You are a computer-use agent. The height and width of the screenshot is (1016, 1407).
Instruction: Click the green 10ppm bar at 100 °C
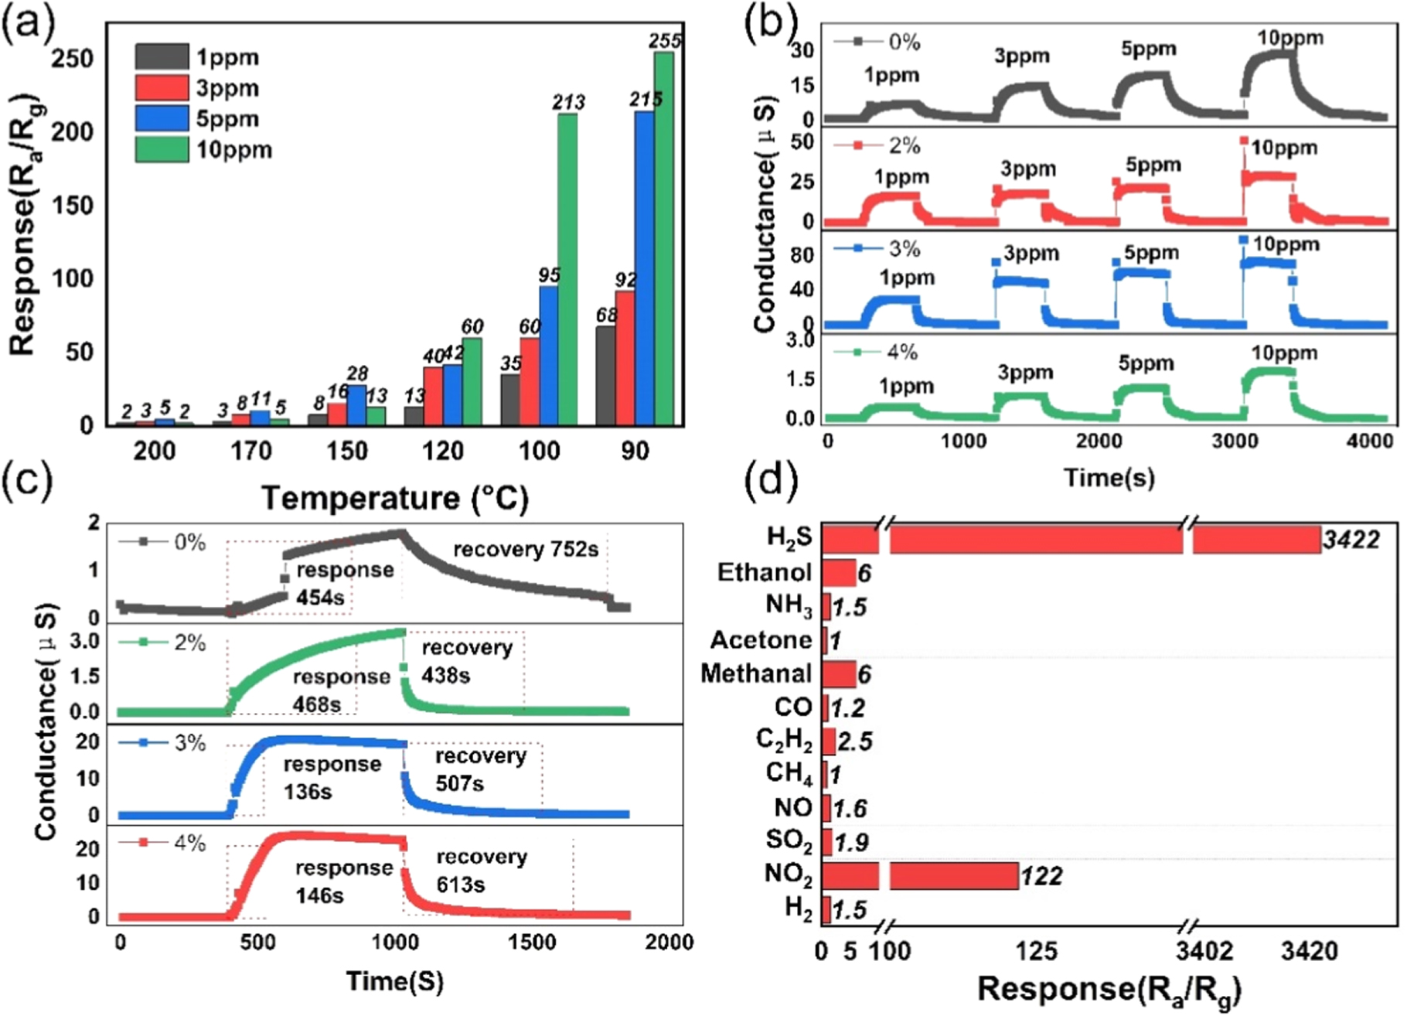coord(567,271)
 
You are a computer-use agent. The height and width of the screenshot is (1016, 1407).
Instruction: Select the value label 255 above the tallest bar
coord(665,40)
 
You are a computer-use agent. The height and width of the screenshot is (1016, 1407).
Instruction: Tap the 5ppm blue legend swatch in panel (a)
coord(162,118)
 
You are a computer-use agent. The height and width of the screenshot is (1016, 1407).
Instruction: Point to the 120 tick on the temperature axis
coord(442,450)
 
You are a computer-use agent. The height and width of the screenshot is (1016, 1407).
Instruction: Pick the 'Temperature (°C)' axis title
coord(395,498)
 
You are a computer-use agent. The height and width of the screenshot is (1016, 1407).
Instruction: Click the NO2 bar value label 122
coord(1041,876)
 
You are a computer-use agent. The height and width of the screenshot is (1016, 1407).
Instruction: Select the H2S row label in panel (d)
coord(789,538)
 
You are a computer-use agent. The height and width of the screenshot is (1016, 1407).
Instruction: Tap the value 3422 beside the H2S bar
coord(1351,540)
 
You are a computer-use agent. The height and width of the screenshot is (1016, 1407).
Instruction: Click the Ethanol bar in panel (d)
coord(838,573)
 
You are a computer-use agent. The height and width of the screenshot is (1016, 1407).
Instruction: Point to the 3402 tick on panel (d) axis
coord(1204,950)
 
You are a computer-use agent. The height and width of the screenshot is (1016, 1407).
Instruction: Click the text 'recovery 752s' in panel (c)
coord(526,550)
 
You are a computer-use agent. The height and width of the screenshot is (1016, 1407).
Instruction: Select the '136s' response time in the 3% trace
coord(308,792)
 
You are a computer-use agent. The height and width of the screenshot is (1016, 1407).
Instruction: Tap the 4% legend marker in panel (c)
coord(142,841)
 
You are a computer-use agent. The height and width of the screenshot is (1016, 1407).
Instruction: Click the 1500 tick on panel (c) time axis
coord(532,942)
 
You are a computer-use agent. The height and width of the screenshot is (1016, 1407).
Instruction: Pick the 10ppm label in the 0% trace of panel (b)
coord(1290,38)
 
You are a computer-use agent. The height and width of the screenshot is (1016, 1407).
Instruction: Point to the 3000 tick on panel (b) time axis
coord(1235,442)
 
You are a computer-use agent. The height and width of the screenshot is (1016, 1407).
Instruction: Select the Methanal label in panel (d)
coord(756,673)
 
